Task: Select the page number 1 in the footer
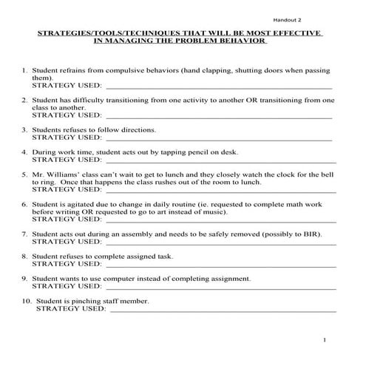325,339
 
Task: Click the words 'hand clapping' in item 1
211,70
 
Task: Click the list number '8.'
25,256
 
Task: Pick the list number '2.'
25,99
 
